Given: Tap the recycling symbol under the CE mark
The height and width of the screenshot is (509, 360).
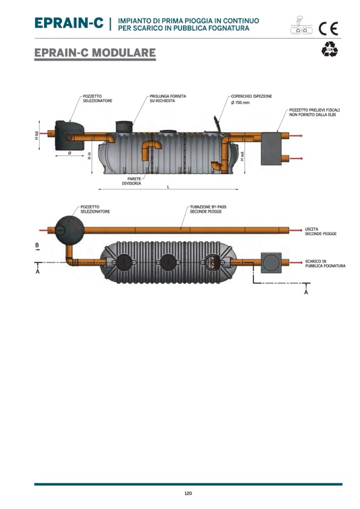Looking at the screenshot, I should (x=329, y=50).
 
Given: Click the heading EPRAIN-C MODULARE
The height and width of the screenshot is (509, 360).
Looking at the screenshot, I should (x=95, y=53).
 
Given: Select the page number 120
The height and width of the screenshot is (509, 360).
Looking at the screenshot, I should (x=188, y=493).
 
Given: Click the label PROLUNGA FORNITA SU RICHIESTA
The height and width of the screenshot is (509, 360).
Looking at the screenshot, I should (x=167, y=99).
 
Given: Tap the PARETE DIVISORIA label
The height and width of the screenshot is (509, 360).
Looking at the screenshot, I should (x=131, y=182).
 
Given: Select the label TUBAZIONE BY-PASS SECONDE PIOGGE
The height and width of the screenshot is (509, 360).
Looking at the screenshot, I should (x=206, y=210).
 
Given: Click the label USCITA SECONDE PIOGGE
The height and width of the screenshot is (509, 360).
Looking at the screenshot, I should (x=320, y=231).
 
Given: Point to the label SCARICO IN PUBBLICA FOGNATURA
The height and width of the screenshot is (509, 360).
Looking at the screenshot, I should (x=325, y=263).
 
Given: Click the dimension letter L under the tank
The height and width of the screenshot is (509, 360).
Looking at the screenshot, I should (x=168, y=187).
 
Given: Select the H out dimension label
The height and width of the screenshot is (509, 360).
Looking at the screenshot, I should (x=242, y=156).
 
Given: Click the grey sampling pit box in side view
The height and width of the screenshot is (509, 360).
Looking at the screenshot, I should (x=274, y=148).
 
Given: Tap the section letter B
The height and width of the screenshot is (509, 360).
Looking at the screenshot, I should (x=37, y=245).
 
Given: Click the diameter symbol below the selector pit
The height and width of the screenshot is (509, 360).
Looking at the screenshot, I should (x=70, y=153).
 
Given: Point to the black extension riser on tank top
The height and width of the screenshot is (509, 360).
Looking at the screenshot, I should (x=124, y=127).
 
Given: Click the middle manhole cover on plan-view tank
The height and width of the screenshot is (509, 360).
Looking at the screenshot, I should (x=169, y=261).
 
